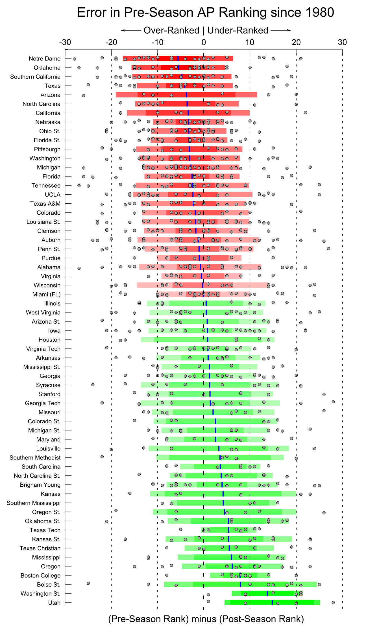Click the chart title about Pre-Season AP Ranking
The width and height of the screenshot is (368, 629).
[206, 13]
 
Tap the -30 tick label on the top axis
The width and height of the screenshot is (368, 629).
[65, 42]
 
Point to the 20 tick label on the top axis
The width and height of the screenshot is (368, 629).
[296, 42]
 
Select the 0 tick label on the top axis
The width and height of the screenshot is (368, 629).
[203, 42]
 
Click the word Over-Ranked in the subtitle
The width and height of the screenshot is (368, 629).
[171, 31]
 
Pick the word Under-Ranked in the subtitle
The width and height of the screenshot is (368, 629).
[238, 31]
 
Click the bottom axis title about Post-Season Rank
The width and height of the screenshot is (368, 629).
[206, 619]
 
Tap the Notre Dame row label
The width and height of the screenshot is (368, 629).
[45, 59]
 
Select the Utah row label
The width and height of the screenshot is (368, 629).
[54, 603]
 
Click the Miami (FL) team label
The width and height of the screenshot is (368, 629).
[46, 294]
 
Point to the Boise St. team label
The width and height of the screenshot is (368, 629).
[49, 585]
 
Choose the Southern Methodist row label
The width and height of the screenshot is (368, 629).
[35, 458]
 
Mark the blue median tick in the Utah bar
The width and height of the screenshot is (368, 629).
[272, 602]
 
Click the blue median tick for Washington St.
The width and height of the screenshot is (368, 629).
[267, 593]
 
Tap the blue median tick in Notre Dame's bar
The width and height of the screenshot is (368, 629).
[178, 58]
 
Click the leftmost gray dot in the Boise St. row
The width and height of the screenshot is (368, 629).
[88, 583]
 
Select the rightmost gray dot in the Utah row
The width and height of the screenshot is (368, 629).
[333, 602]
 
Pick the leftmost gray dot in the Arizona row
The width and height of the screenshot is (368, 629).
[84, 96]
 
